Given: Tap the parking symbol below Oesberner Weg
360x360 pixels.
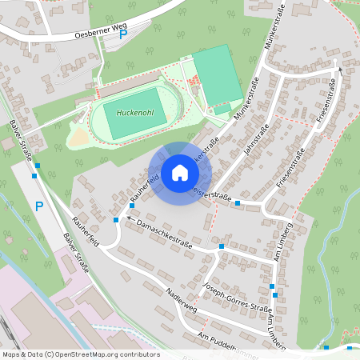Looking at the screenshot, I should point(122,35).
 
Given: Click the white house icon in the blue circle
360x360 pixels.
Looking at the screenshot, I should point(179,172).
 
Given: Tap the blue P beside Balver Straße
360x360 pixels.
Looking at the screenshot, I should point(38,207).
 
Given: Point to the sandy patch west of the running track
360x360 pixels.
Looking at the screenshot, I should point(78,138).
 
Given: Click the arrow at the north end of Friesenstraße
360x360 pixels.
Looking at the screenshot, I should point(339,70).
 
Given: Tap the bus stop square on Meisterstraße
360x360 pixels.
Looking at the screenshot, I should point(238,203).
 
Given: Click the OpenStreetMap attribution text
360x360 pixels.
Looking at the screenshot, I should point(80,354).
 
